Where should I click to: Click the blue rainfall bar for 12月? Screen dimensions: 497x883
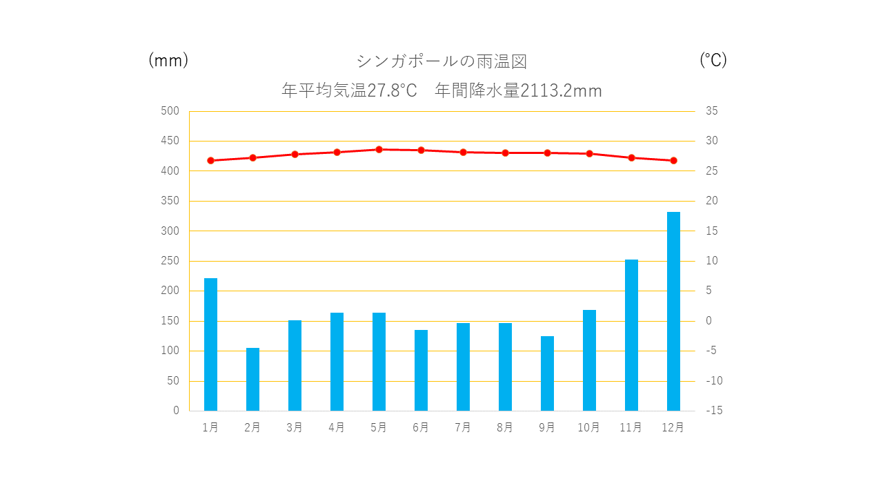pyautogui.click(x=673, y=311)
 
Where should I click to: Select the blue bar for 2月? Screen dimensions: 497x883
pyautogui.click(x=252, y=379)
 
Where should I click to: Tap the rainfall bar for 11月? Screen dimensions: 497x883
pyautogui.click(x=631, y=335)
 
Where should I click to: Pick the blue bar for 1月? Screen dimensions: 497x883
pyautogui.click(x=210, y=344)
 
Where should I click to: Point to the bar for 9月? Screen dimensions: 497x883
pyautogui.click(x=547, y=373)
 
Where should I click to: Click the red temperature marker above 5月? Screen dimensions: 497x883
pyautogui.click(x=379, y=149)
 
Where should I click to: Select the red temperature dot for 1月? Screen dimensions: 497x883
pyautogui.click(x=210, y=160)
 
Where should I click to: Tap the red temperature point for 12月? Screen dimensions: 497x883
pyautogui.click(x=673, y=160)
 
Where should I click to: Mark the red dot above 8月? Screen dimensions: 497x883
pyautogui.click(x=505, y=153)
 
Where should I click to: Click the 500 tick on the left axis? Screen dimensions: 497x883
pyautogui.click(x=170, y=111)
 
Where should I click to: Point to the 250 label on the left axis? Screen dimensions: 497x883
pyautogui.click(x=170, y=261)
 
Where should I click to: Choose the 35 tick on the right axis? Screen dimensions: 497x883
pyautogui.click(x=711, y=111)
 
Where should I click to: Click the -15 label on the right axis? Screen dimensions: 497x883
pyautogui.click(x=714, y=411)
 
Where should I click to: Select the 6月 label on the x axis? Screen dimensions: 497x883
pyautogui.click(x=421, y=428)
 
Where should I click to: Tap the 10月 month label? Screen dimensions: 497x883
pyautogui.click(x=588, y=428)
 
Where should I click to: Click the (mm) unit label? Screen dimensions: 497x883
pyautogui.click(x=168, y=61)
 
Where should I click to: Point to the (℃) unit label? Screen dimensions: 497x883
pyautogui.click(x=713, y=61)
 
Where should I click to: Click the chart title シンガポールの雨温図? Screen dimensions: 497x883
pyautogui.click(x=441, y=61)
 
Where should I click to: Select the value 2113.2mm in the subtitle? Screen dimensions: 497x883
pyautogui.click(x=561, y=91)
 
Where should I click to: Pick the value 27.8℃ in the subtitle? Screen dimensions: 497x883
pyautogui.click(x=392, y=91)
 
